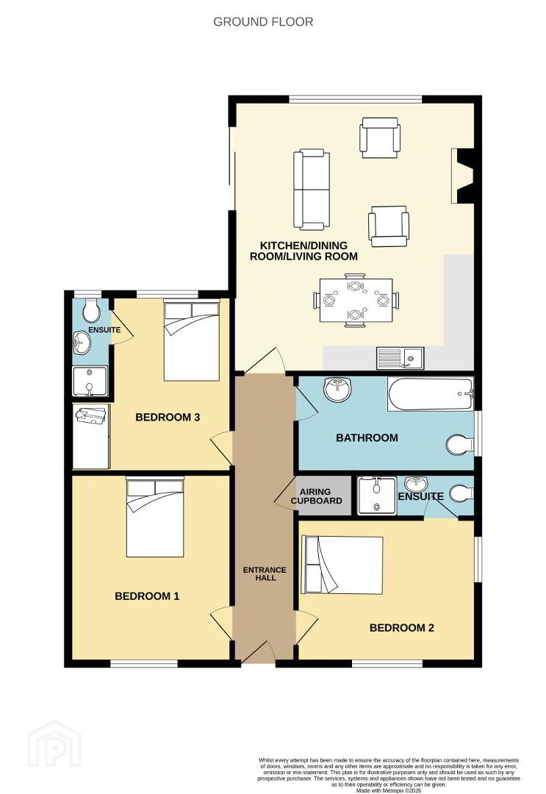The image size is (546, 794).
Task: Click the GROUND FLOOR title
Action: pyautogui.click(x=263, y=22)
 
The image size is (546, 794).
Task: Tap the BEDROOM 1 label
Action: pyautogui.click(x=147, y=596)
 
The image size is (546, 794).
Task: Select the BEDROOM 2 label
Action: pyautogui.click(x=402, y=628)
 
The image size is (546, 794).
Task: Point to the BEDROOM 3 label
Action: pyautogui.click(x=168, y=418)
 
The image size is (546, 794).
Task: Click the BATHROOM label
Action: pyautogui.click(x=367, y=437)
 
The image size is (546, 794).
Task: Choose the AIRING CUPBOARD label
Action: pyautogui.click(x=316, y=496)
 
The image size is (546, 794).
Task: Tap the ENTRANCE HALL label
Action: pyautogui.click(x=265, y=573)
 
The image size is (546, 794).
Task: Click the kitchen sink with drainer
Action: pyautogui.click(x=400, y=358)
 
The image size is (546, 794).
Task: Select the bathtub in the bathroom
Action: pyautogui.click(x=431, y=393)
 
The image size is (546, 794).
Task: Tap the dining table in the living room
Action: pyautogui.click(x=356, y=300)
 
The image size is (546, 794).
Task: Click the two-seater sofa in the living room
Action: pyautogui.click(x=312, y=189)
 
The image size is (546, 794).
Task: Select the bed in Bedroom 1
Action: pyautogui.click(x=155, y=518)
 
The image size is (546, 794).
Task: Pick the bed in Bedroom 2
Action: pyautogui.click(x=342, y=565)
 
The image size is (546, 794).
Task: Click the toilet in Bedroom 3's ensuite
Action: pyautogui.click(x=91, y=310)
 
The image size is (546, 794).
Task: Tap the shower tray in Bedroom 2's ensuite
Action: pyautogui.click(x=376, y=496)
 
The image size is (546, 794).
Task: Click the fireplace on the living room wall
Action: pyautogui.click(x=463, y=176)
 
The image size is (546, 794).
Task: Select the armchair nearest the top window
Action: pyautogui.click(x=380, y=137)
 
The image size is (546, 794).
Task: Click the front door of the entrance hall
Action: pyautogui.click(x=259, y=651)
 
